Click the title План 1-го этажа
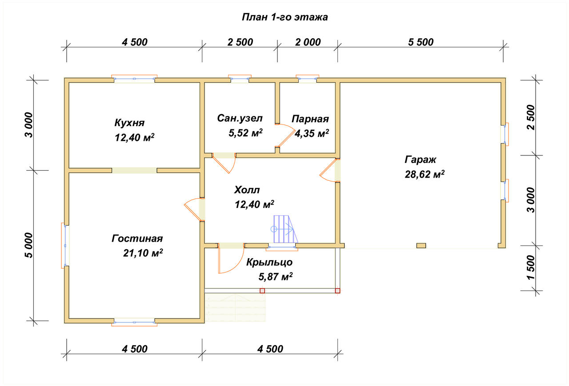(285, 17)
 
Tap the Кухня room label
(129, 123)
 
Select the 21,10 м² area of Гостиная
(143, 253)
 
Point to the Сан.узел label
(240, 118)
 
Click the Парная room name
(310, 119)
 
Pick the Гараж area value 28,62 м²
(425, 175)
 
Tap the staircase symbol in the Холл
(284, 229)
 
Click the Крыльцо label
(269, 262)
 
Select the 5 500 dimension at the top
(421, 42)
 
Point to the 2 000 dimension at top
(308, 42)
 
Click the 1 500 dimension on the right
(531, 267)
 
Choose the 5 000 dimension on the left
(29, 245)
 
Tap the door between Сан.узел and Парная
(285, 135)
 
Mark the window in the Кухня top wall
(134, 79)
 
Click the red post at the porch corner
(337, 290)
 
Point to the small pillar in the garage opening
(421, 246)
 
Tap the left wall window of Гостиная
(65, 245)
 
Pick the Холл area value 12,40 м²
(254, 204)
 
